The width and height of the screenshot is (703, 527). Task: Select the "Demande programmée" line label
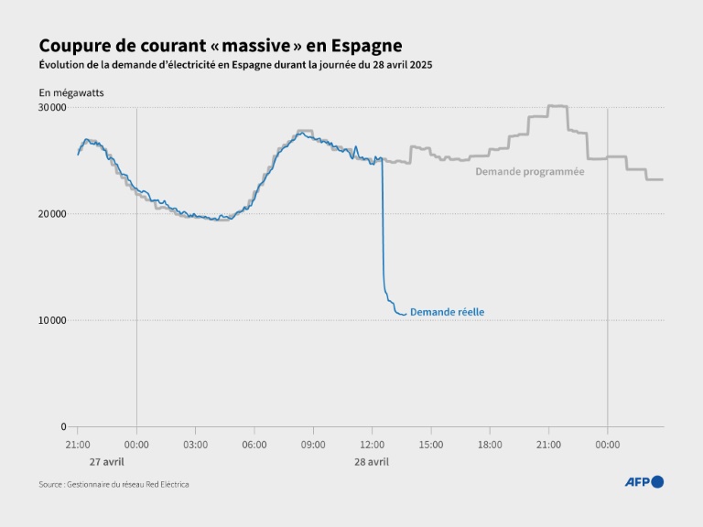529,171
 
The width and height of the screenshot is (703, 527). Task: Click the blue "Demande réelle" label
447,312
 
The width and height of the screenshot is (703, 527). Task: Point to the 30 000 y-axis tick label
52,108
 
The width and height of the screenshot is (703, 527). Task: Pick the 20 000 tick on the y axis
52,214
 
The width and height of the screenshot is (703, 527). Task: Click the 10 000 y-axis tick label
52,320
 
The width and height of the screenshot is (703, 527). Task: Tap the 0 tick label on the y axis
62,426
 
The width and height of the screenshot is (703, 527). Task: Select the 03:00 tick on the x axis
195,445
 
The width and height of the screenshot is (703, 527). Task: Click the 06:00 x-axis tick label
254,445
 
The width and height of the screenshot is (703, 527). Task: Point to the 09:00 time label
313,445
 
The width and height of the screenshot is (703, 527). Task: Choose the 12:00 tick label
372,445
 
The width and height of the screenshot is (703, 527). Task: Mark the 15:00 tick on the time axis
430,445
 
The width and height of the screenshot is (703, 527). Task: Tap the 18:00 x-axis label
490,445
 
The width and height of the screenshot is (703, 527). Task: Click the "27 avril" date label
107,462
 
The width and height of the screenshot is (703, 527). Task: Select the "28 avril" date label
372,462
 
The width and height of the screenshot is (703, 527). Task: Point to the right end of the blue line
405,315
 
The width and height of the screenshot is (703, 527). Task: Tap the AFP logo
644,482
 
